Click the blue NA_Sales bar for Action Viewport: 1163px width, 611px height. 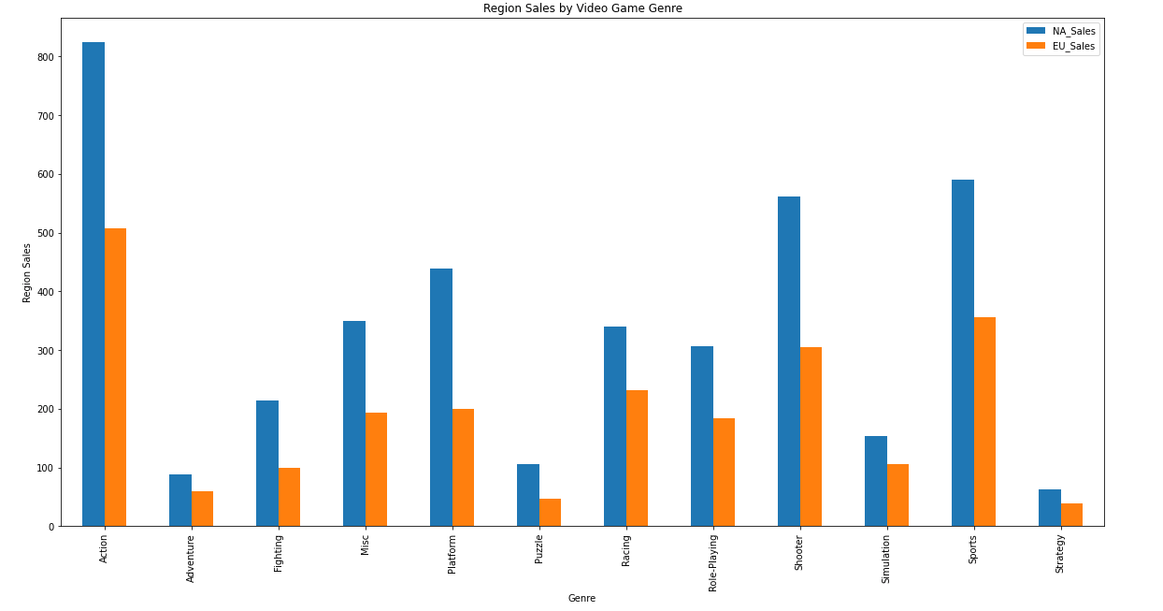click(93, 284)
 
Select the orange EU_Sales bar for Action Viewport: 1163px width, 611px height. click(115, 377)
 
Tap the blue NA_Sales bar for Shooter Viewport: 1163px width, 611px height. click(789, 361)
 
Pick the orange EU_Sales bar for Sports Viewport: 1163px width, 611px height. click(985, 422)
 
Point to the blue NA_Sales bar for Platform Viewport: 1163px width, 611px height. click(441, 398)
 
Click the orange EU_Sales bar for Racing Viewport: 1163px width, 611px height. click(637, 458)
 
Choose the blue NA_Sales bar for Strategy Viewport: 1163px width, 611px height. click(1050, 508)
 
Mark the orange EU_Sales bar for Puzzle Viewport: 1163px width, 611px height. click(550, 512)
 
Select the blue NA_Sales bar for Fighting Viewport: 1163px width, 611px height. click(267, 463)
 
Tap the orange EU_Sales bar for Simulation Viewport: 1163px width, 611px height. click(897, 495)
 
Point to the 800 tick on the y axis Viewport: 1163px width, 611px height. click(59, 57)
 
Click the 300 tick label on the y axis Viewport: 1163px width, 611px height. click(46, 351)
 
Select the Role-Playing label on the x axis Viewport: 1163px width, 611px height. click(712, 563)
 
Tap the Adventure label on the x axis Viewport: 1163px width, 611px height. click(190, 559)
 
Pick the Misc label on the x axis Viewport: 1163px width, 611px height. click(365, 545)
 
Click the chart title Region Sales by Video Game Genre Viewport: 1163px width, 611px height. click(582, 8)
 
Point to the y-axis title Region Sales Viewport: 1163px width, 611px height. click(26, 273)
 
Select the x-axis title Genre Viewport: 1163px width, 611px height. click(582, 598)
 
